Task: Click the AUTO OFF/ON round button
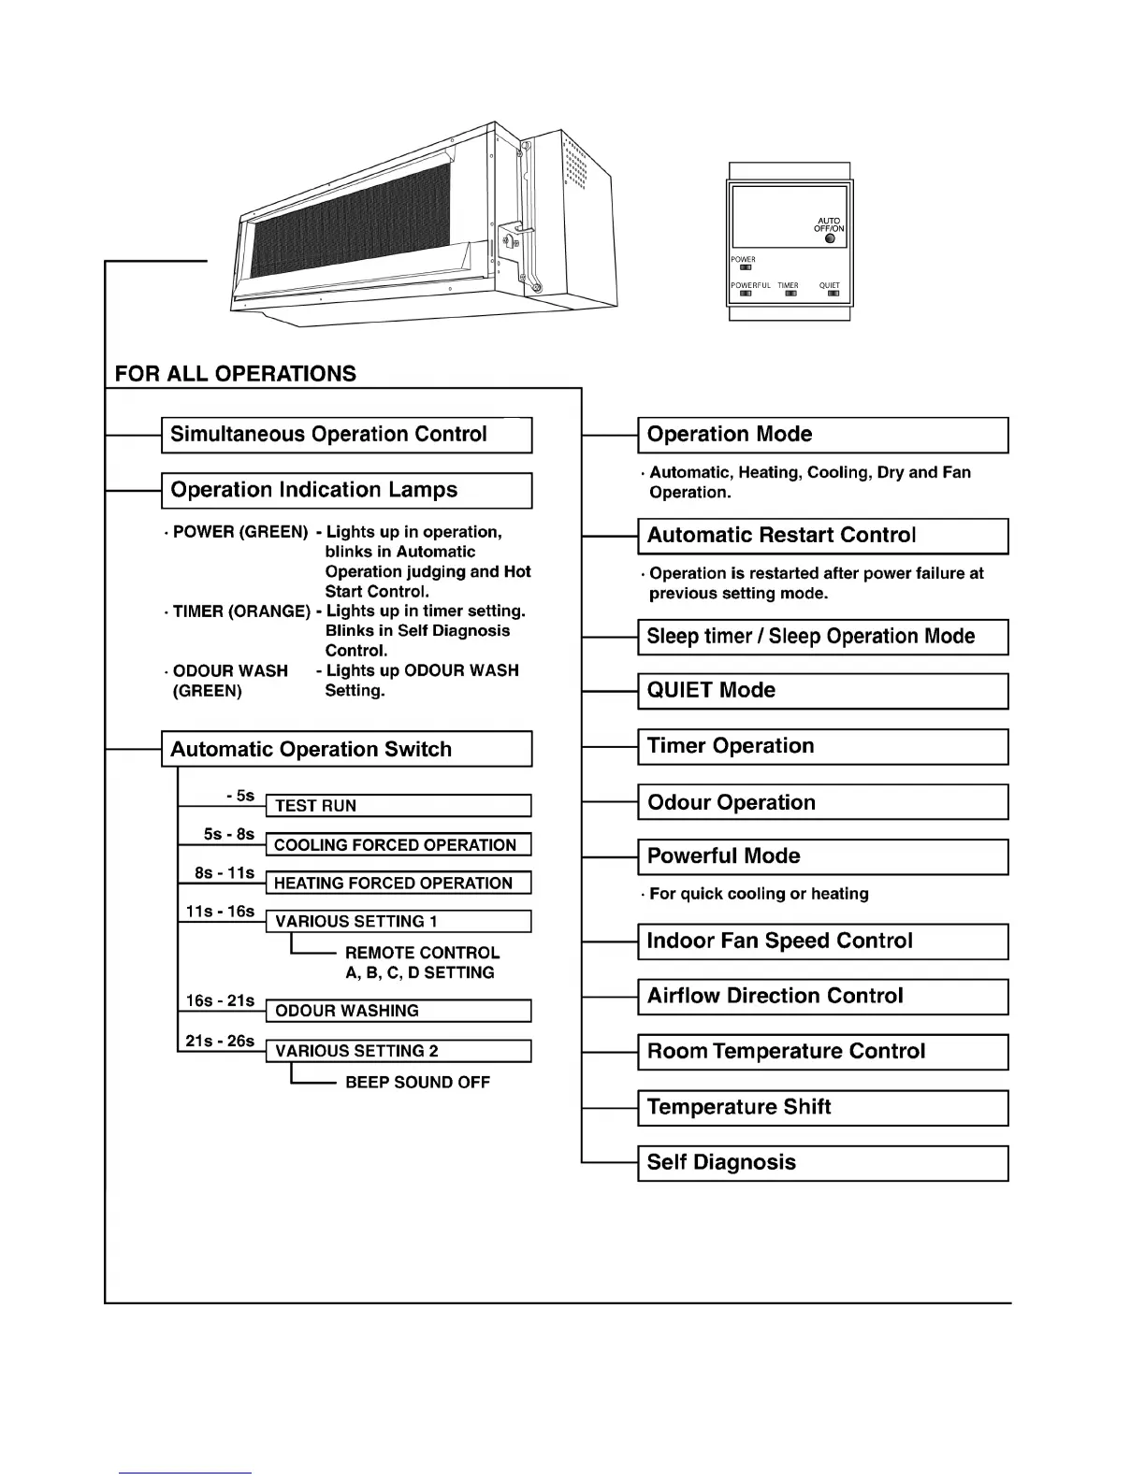[x=830, y=238]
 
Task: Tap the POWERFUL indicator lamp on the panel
[x=746, y=294]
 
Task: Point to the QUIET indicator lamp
[x=833, y=294]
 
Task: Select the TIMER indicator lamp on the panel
[x=790, y=294]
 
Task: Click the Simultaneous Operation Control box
[x=346, y=435]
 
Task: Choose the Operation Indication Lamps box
[x=346, y=490]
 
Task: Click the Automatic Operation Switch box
[x=346, y=749]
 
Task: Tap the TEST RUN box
[x=399, y=806]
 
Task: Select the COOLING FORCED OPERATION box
[x=399, y=845]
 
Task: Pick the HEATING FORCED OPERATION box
[x=399, y=884]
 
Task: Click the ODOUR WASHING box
[x=399, y=1011]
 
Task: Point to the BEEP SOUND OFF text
[x=417, y=1082]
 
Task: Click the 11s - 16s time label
[x=221, y=912]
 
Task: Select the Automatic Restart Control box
[x=822, y=536]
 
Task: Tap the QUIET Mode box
[x=822, y=691]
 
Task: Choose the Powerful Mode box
[x=822, y=856]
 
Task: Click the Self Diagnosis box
[x=822, y=1163]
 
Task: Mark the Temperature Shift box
[x=822, y=1108]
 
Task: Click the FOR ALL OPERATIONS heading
[x=236, y=374]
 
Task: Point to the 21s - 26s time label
[x=221, y=1041]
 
